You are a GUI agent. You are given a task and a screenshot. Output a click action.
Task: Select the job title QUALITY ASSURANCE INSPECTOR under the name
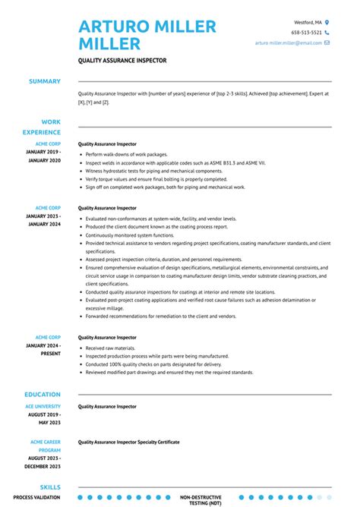click(x=122, y=60)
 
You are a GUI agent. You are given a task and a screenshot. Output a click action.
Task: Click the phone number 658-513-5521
click(x=305, y=33)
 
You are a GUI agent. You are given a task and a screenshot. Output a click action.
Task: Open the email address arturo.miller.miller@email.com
click(x=288, y=43)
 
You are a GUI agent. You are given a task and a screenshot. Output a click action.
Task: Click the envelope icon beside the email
click(x=327, y=43)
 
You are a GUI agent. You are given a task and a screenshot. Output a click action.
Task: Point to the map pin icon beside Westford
click(x=327, y=23)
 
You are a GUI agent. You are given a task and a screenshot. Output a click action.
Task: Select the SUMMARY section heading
click(x=45, y=81)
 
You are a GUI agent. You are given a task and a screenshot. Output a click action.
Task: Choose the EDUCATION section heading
click(x=42, y=395)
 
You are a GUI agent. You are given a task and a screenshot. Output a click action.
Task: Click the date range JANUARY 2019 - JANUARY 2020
click(x=44, y=156)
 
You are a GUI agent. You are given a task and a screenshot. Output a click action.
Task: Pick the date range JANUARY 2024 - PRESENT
click(x=44, y=348)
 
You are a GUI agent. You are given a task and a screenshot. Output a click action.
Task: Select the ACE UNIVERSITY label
click(x=44, y=406)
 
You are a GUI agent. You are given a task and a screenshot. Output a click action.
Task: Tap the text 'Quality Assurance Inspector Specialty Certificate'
click(x=128, y=441)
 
